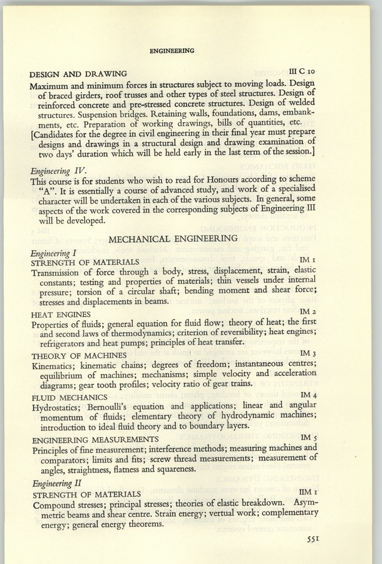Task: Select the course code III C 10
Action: tap(306, 73)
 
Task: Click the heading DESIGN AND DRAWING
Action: tap(78, 74)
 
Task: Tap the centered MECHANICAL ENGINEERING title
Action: tap(173, 238)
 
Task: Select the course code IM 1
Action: tap(310, 259)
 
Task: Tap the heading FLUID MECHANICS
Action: tap(67, 397)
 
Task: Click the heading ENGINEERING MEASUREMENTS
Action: tap(95, 439)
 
